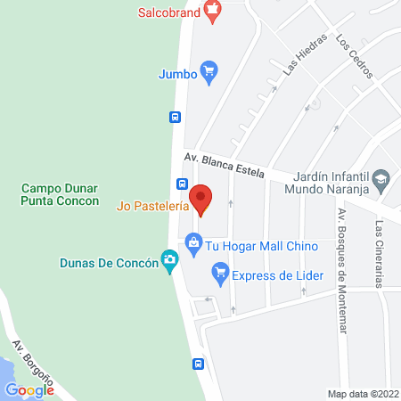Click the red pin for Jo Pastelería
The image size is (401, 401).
tap(201, 200)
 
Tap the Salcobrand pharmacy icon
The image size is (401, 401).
tap(211, 12)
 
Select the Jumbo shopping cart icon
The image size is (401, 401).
tap(209, 73)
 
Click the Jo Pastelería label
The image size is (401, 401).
tap(152, 206)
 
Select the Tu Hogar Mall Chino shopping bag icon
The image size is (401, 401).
tap(192, 241)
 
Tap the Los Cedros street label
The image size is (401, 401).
tap(354, 56)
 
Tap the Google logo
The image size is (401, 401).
tap(29, 389)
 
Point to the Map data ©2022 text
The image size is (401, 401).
tap(363, 394)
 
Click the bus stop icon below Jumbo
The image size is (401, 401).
tap(176, 116)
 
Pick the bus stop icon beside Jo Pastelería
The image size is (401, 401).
tap(182, 184)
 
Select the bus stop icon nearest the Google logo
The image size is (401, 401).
tap(198, 364)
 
